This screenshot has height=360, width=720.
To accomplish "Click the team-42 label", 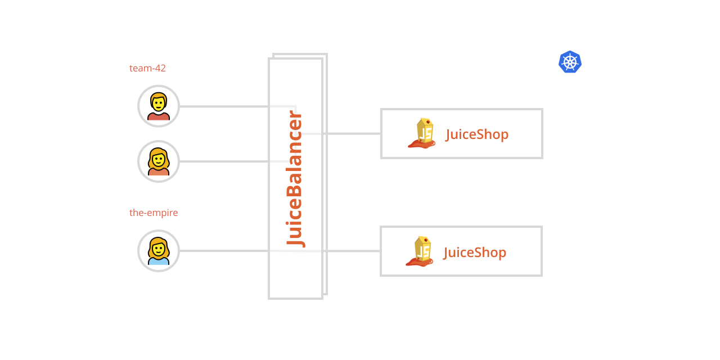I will point(147,68).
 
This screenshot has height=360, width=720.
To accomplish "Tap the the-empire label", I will point(154,213).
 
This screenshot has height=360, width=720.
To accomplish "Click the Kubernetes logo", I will point(570,62).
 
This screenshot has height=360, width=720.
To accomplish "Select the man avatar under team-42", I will point(159,106).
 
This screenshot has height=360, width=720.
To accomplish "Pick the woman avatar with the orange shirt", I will point(159,161).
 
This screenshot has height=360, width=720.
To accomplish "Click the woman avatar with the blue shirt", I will point(159,251).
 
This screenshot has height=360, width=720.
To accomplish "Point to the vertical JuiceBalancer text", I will point(295,179).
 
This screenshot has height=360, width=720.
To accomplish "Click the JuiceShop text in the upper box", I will point(477,134).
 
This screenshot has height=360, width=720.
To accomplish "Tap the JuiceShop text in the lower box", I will point(475,253).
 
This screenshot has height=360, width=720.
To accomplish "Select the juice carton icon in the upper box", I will point(423,133).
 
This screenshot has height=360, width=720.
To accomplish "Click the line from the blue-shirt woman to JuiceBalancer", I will point(225,251).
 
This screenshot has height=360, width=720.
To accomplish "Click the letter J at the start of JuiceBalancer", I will point(296,238).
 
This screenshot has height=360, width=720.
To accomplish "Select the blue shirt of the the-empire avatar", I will point(159,261).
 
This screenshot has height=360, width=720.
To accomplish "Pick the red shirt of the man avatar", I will point(159,116).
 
